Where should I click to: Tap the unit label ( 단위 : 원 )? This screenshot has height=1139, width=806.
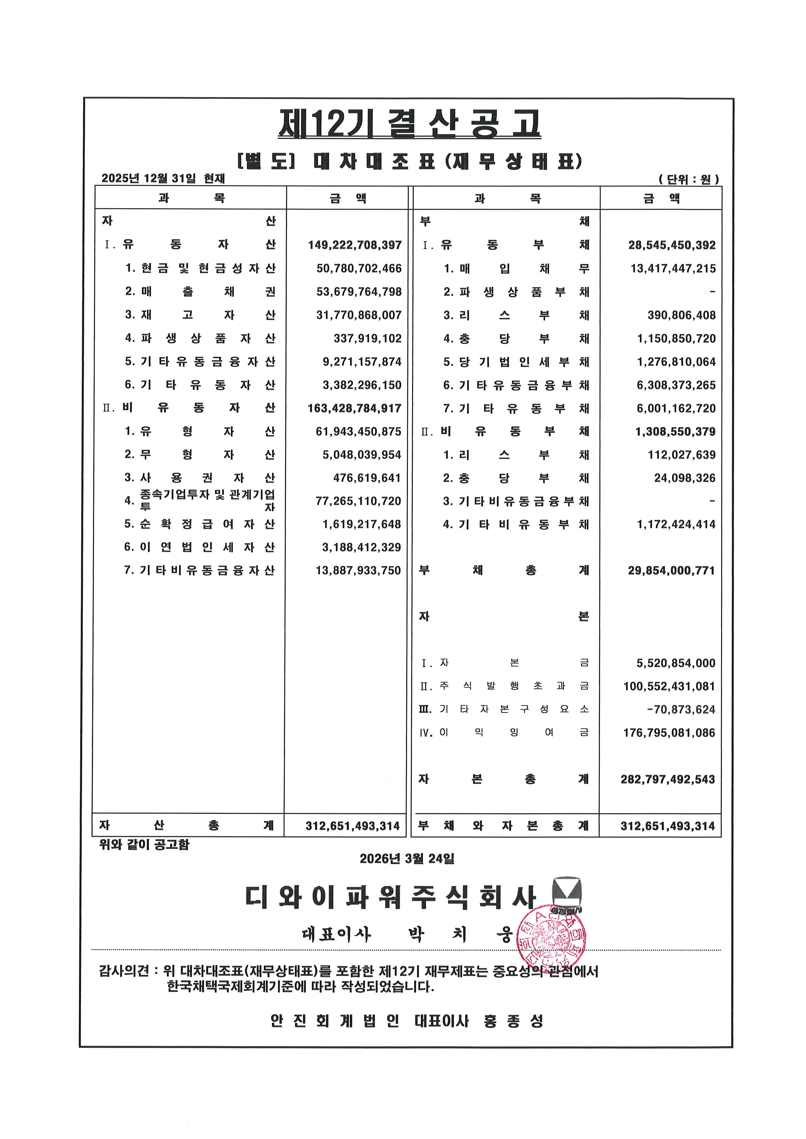click(x=688, y=179)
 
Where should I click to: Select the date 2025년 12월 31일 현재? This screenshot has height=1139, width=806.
click(x=163, y=178)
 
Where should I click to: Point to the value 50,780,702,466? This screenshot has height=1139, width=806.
click(x=359, y=268)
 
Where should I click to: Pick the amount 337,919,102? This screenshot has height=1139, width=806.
click(x=367, y=338)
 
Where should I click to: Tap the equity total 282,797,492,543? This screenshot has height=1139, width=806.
click(x=668, y=779)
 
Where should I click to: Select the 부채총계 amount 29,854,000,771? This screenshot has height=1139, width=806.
click(x=671, y=571)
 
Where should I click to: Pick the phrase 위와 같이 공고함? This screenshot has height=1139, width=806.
click(x=144, y=844)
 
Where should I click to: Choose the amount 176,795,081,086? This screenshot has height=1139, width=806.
click(x=669, y=733)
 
